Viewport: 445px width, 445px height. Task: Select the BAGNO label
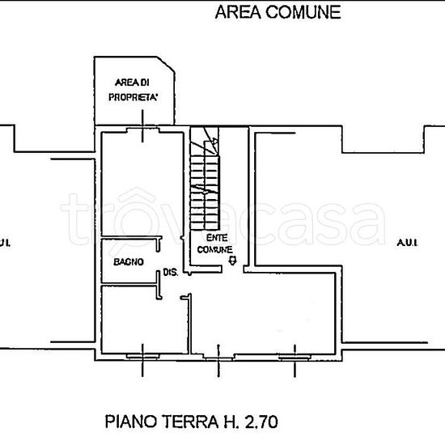pyautogui.click(x=128, y=261)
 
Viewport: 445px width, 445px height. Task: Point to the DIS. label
pyautogui.click(x=170, y=273)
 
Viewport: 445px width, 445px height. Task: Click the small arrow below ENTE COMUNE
pyautogui.click(x=233, y=261)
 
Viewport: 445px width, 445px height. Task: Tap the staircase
pyautogui.click(x=205, y=182)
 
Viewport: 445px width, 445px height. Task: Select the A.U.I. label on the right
pyautogui.click(x=406, y=242)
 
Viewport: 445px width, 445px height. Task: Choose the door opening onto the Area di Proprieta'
pyautogui.click(x=142, y=127)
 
